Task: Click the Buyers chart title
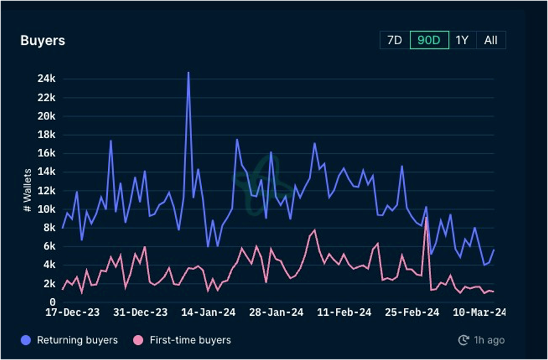coord(42,41)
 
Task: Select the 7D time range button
coord(395,40)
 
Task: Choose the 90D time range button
coord(429,40)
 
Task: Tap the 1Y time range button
coord(462,40)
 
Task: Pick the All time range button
coord(491,40)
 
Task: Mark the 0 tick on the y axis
coord(53,302)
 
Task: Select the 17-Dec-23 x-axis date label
coord(72,313)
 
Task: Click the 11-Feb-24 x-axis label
coord(344,313)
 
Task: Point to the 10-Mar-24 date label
coord(480,313)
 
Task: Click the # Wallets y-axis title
coord(27,190)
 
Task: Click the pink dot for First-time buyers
coord(139,340)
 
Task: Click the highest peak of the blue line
coord(189,73)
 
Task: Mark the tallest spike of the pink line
coord(426,218)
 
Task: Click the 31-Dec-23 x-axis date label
coord(140,313)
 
